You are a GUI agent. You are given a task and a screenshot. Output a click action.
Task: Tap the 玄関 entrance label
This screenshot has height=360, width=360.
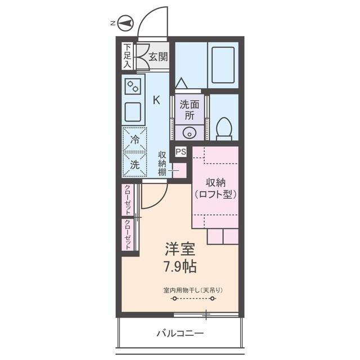coord(158,56)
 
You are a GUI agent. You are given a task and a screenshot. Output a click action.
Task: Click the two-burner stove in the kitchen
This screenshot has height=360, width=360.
coord(134,87)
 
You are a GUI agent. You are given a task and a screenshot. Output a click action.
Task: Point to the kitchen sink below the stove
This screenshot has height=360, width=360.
coord(134,112)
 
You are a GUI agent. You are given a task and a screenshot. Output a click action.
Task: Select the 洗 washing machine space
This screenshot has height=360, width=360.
coord(135,164)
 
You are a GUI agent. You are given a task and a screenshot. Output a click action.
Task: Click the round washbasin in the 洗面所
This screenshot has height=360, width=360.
coord(190,133)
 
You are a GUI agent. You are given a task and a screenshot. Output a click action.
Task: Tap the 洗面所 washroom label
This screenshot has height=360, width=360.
coord(190,109)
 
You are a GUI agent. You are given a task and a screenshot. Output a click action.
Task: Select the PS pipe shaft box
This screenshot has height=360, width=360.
coord(181,151)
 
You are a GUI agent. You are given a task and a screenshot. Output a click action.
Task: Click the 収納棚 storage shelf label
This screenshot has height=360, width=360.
coord(162,164)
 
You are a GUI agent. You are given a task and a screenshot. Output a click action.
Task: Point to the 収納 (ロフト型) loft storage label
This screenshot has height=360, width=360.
coord(215,188)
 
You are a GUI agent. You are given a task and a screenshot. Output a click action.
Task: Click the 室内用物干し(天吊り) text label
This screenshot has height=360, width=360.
coord(193,290)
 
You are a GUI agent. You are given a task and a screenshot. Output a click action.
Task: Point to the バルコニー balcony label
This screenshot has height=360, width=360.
coord(180,334)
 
